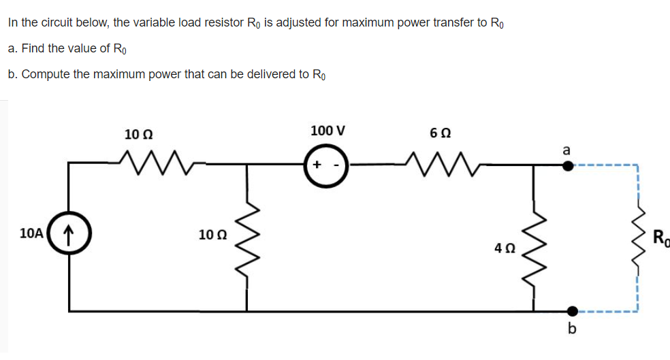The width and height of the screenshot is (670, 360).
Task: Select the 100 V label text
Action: (x=328, y=130)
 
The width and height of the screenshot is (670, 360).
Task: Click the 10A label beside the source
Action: (x=32, y=233)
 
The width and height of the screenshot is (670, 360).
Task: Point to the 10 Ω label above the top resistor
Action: (x=138, y=133)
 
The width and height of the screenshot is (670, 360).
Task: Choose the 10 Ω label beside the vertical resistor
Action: (x=212, y=235)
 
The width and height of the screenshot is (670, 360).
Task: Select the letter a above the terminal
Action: (x=566, y=149)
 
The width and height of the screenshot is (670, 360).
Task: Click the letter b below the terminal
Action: (x=571, y=330)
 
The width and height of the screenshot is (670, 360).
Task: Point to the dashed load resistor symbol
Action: (x=638, y=238)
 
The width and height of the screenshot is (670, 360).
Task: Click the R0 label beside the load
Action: (x=660, y=238)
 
